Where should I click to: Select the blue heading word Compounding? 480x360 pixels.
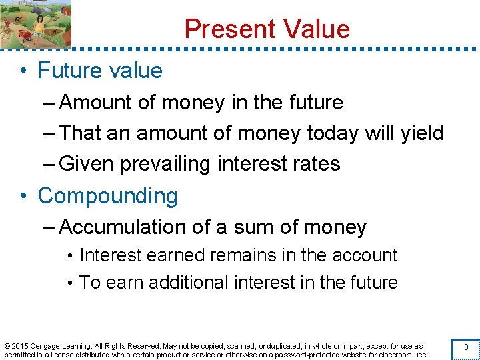click(108, 196)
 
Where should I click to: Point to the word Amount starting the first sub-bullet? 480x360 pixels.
click(97, 103)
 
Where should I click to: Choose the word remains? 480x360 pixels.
click(239, 255)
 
